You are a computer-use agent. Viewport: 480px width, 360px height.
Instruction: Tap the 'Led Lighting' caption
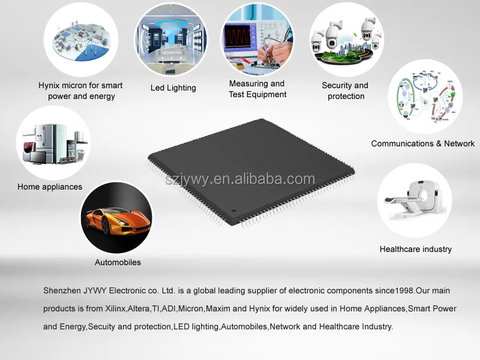click(x=173, y=88)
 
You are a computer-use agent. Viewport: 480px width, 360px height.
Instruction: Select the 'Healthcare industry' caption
click(x=415, y=249)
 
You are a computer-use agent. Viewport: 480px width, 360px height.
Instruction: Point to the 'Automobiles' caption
click(x=118, y=262)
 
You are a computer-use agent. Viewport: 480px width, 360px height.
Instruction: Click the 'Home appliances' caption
click(x=50, y=187)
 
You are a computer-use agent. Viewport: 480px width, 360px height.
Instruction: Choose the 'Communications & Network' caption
click(x=422, y=143)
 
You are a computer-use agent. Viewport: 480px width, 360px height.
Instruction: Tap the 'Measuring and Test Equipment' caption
click(x=257, y=89)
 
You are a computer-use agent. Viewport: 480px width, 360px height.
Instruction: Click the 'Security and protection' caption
click(x=345, y=91)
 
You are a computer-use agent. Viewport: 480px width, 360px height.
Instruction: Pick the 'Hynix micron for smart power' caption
click(x=80, y=91)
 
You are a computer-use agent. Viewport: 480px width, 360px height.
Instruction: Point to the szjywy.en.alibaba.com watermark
click(x=240, y=179)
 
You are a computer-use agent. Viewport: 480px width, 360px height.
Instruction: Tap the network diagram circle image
click(x=425, y=96)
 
